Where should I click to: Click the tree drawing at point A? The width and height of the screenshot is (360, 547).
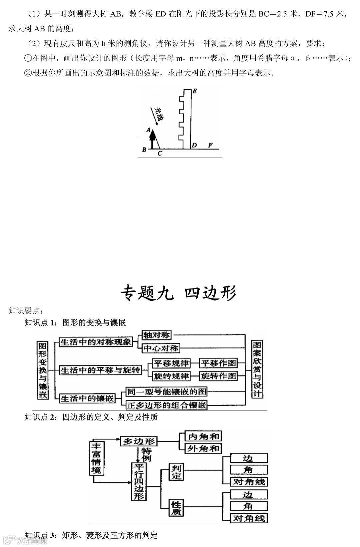(152, 138)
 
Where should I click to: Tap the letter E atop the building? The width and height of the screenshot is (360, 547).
(195, 91)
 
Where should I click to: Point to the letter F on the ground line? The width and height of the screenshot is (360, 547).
(210, 145)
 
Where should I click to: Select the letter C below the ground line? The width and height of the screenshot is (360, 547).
(160, 154)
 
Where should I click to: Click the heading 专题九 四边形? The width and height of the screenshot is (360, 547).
(178, 293)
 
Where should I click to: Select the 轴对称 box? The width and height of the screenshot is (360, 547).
(157, 335)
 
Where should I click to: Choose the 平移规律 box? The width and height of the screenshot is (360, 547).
(171, 363)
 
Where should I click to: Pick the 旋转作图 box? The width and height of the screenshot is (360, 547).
(218, 376)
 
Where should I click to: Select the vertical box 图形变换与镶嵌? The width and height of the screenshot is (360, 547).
(42, 370)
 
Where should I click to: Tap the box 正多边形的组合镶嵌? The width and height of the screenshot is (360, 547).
(166, 405)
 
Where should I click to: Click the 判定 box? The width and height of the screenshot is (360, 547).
(176, 472)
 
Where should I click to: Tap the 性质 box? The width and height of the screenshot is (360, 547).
(176, 508)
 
